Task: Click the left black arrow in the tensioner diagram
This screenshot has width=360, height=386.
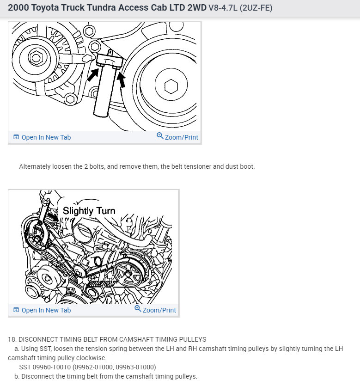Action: point(93,74)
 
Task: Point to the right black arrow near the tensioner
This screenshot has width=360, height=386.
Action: point(122,79)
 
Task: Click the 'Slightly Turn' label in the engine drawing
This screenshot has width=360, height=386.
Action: point(89,211)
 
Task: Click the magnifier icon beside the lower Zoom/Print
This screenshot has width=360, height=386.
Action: point(138,309)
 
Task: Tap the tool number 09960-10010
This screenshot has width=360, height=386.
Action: point(54,367)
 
